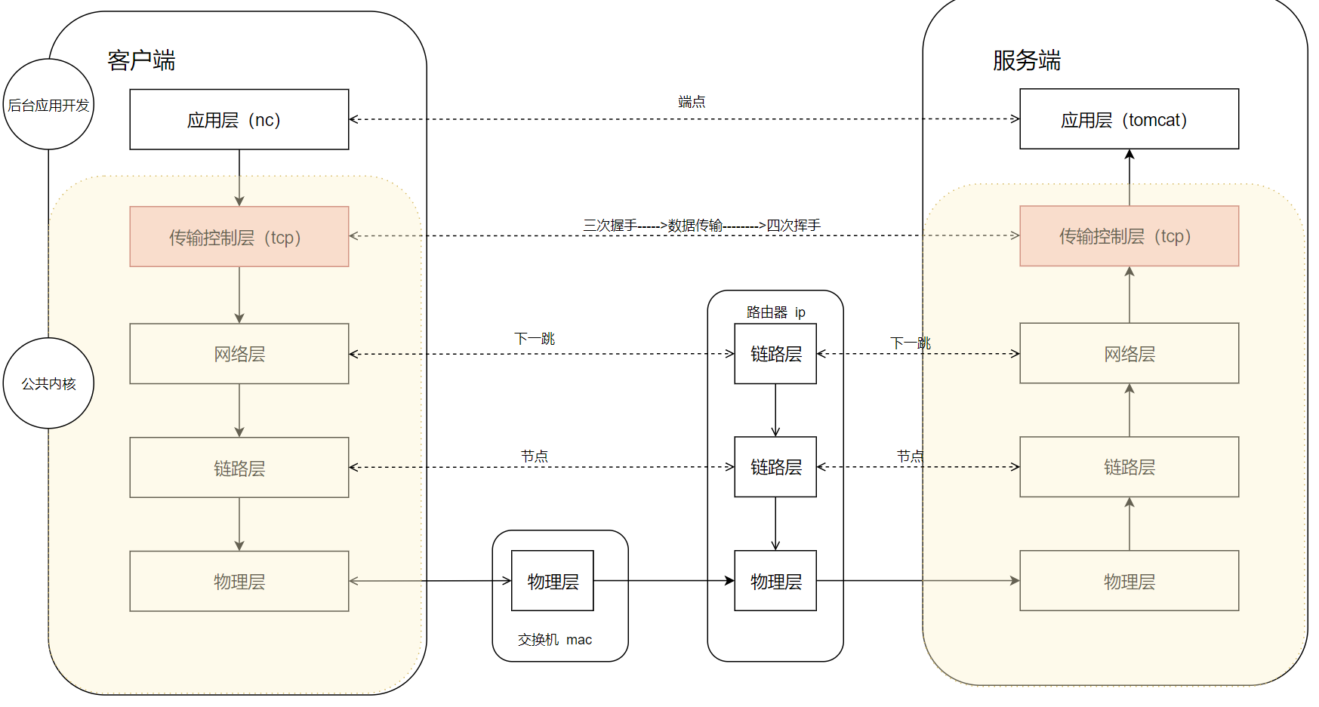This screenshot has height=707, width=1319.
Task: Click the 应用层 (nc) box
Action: click(239, 119)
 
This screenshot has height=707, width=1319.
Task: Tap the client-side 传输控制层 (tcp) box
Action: click(239, 236)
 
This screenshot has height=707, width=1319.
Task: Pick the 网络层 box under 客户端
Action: click(239, 353)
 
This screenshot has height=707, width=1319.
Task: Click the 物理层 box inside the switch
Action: click(552, 580)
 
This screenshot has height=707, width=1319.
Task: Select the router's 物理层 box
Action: click(775, 580)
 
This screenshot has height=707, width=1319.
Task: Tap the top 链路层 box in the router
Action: click(775, 353)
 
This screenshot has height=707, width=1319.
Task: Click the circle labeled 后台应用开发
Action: click(48, 104)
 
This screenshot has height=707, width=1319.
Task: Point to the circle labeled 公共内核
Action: click(48, 383)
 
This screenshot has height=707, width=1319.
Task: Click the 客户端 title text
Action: click(141, 60)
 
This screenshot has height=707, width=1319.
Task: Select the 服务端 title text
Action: click(1026, 60)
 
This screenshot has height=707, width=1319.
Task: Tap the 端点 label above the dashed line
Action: click(691, 101)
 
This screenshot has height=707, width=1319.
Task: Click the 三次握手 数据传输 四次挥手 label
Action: click(701, 225)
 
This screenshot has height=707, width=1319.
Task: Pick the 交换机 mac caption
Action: click(554, 639)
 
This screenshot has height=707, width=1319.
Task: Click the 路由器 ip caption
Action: click(775, 312)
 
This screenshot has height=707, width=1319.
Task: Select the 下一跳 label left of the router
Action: click(535, 338)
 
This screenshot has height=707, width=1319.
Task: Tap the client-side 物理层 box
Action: click(239, 580)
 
